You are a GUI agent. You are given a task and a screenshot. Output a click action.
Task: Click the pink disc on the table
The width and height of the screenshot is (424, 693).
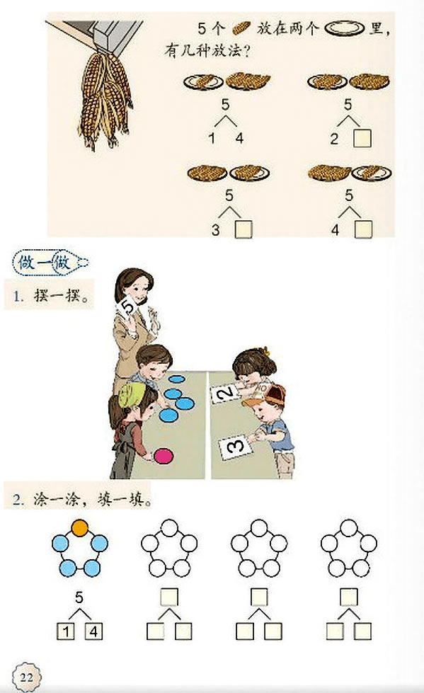[163, 456]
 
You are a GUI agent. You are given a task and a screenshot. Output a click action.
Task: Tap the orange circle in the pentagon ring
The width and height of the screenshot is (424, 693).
[79, 527]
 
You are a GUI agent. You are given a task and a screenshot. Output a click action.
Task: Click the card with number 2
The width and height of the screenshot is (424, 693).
[226, 392]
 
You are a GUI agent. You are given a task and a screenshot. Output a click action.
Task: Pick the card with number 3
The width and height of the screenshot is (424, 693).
[235, 447]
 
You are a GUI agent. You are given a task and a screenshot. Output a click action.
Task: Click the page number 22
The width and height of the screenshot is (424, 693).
[26, 677]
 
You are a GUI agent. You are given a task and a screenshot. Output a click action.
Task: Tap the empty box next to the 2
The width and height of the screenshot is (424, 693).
[362, 138]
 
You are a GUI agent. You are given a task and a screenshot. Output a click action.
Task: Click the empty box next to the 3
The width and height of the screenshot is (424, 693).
[243, 229]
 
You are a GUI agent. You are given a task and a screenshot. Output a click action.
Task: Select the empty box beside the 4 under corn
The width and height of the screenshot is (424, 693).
[363, 229]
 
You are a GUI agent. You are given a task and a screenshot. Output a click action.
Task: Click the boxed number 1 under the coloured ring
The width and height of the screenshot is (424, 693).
[65, 631]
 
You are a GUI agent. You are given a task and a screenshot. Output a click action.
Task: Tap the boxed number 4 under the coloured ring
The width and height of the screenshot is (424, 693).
[93, 631]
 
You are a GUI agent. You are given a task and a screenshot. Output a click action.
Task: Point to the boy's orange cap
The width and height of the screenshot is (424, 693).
[265, 395]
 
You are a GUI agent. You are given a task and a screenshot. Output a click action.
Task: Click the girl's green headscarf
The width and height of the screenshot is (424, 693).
[132, 393]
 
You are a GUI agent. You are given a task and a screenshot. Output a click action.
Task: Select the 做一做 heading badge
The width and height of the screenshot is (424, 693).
[50, 263]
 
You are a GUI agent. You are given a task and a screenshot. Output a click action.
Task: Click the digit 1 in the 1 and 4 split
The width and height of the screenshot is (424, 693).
[212, 138]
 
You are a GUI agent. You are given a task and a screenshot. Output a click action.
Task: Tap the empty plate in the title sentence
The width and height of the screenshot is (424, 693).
[345, 29]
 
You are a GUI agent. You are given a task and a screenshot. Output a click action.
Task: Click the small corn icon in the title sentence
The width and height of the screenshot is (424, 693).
[241, 28]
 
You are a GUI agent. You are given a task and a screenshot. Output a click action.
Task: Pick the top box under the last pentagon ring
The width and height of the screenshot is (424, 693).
[349, 597]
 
